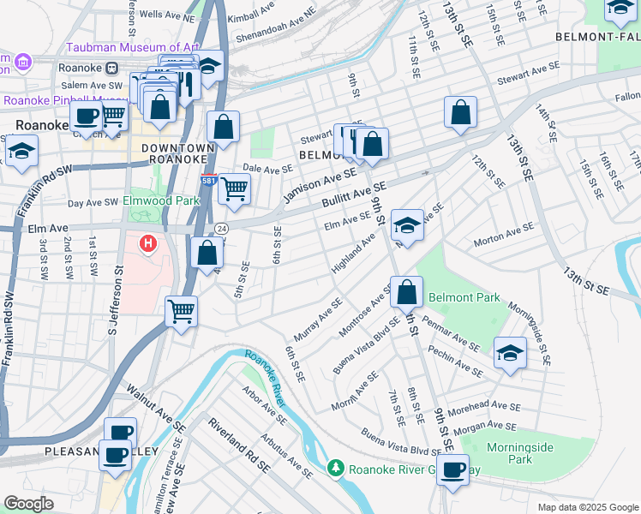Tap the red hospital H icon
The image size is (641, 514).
148,244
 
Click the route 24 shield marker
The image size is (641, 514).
221,229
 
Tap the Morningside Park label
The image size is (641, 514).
520,453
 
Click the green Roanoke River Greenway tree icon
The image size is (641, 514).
337,468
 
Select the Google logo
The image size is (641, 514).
28,503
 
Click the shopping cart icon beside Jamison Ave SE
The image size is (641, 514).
234,188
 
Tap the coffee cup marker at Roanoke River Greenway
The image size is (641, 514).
452,469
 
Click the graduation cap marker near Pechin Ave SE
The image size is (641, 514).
510,352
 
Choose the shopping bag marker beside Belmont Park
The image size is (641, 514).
407,292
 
